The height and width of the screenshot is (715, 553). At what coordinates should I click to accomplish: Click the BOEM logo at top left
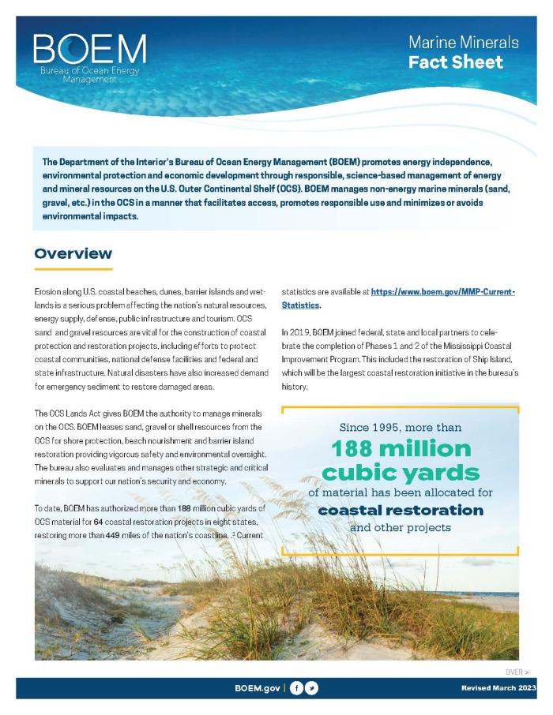[x=89, y=51]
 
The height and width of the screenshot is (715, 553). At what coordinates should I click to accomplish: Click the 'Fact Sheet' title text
[x=455, y=62]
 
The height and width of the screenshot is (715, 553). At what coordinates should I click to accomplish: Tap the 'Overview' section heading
[x=73, y=253]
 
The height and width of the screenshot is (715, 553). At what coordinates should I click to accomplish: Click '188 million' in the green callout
[x=401, y=449]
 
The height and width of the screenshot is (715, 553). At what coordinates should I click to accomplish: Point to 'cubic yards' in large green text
[x=401, y=473]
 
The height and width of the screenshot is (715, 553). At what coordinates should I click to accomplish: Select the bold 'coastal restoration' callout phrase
[x=401, y=510]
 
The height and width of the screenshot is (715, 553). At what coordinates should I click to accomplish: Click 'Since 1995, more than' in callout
[x=401, y=427]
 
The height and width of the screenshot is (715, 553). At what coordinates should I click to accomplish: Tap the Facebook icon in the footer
[x=297, y=688]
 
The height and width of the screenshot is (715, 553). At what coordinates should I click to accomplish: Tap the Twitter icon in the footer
[x=312, y=688]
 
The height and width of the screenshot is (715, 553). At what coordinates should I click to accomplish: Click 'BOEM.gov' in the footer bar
[x=258, y=688]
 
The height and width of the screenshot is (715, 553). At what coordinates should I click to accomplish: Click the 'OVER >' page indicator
[x=517, y=672]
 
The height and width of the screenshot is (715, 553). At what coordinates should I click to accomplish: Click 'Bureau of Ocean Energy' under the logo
[x=89, y=71]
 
